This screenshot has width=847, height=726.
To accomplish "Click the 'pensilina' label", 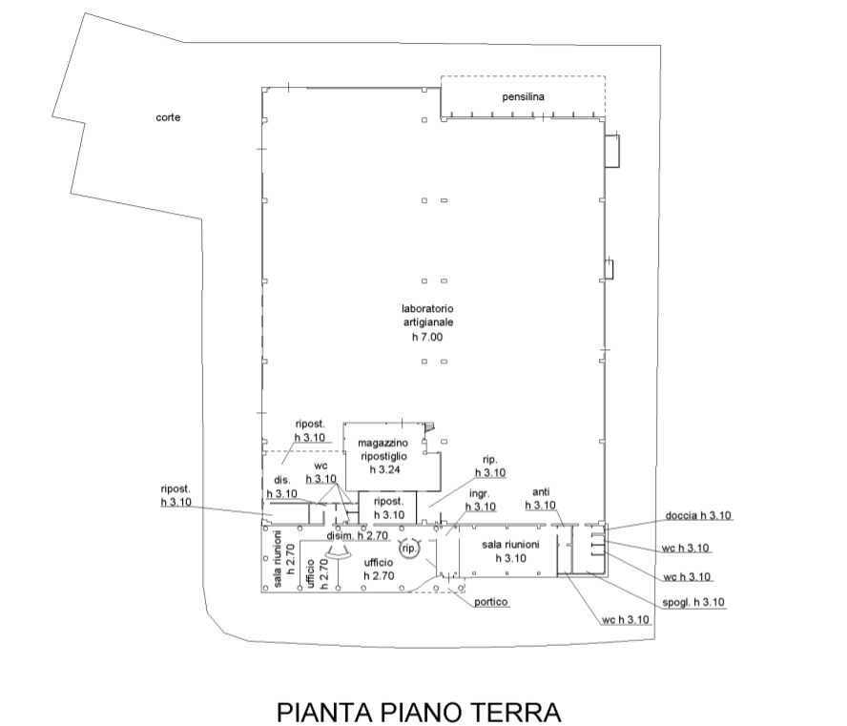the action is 523,97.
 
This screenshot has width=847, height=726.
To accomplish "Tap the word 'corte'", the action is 168,117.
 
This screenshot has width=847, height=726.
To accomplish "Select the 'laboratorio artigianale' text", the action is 428,316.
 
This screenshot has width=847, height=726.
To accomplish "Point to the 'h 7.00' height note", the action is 427,337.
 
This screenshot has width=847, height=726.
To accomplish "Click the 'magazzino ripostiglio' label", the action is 383,449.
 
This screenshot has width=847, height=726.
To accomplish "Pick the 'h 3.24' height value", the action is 384,469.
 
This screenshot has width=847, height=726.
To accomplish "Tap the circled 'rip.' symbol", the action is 409,549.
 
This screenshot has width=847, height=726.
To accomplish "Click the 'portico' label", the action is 491,602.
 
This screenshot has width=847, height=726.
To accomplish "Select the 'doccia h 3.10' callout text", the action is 698,515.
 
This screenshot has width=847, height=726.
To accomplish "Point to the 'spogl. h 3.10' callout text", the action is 693,602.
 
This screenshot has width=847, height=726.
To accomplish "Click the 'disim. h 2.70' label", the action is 357,536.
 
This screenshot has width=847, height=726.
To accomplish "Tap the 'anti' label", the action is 541,491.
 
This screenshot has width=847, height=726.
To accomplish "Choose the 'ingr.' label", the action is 480,494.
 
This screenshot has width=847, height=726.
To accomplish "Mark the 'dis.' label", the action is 282,480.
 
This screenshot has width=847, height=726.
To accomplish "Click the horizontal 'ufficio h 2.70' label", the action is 379,570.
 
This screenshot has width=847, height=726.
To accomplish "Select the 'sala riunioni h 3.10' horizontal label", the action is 510,551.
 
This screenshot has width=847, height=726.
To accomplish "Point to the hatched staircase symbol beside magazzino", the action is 429,427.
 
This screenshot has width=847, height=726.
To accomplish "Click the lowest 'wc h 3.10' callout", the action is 625,619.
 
